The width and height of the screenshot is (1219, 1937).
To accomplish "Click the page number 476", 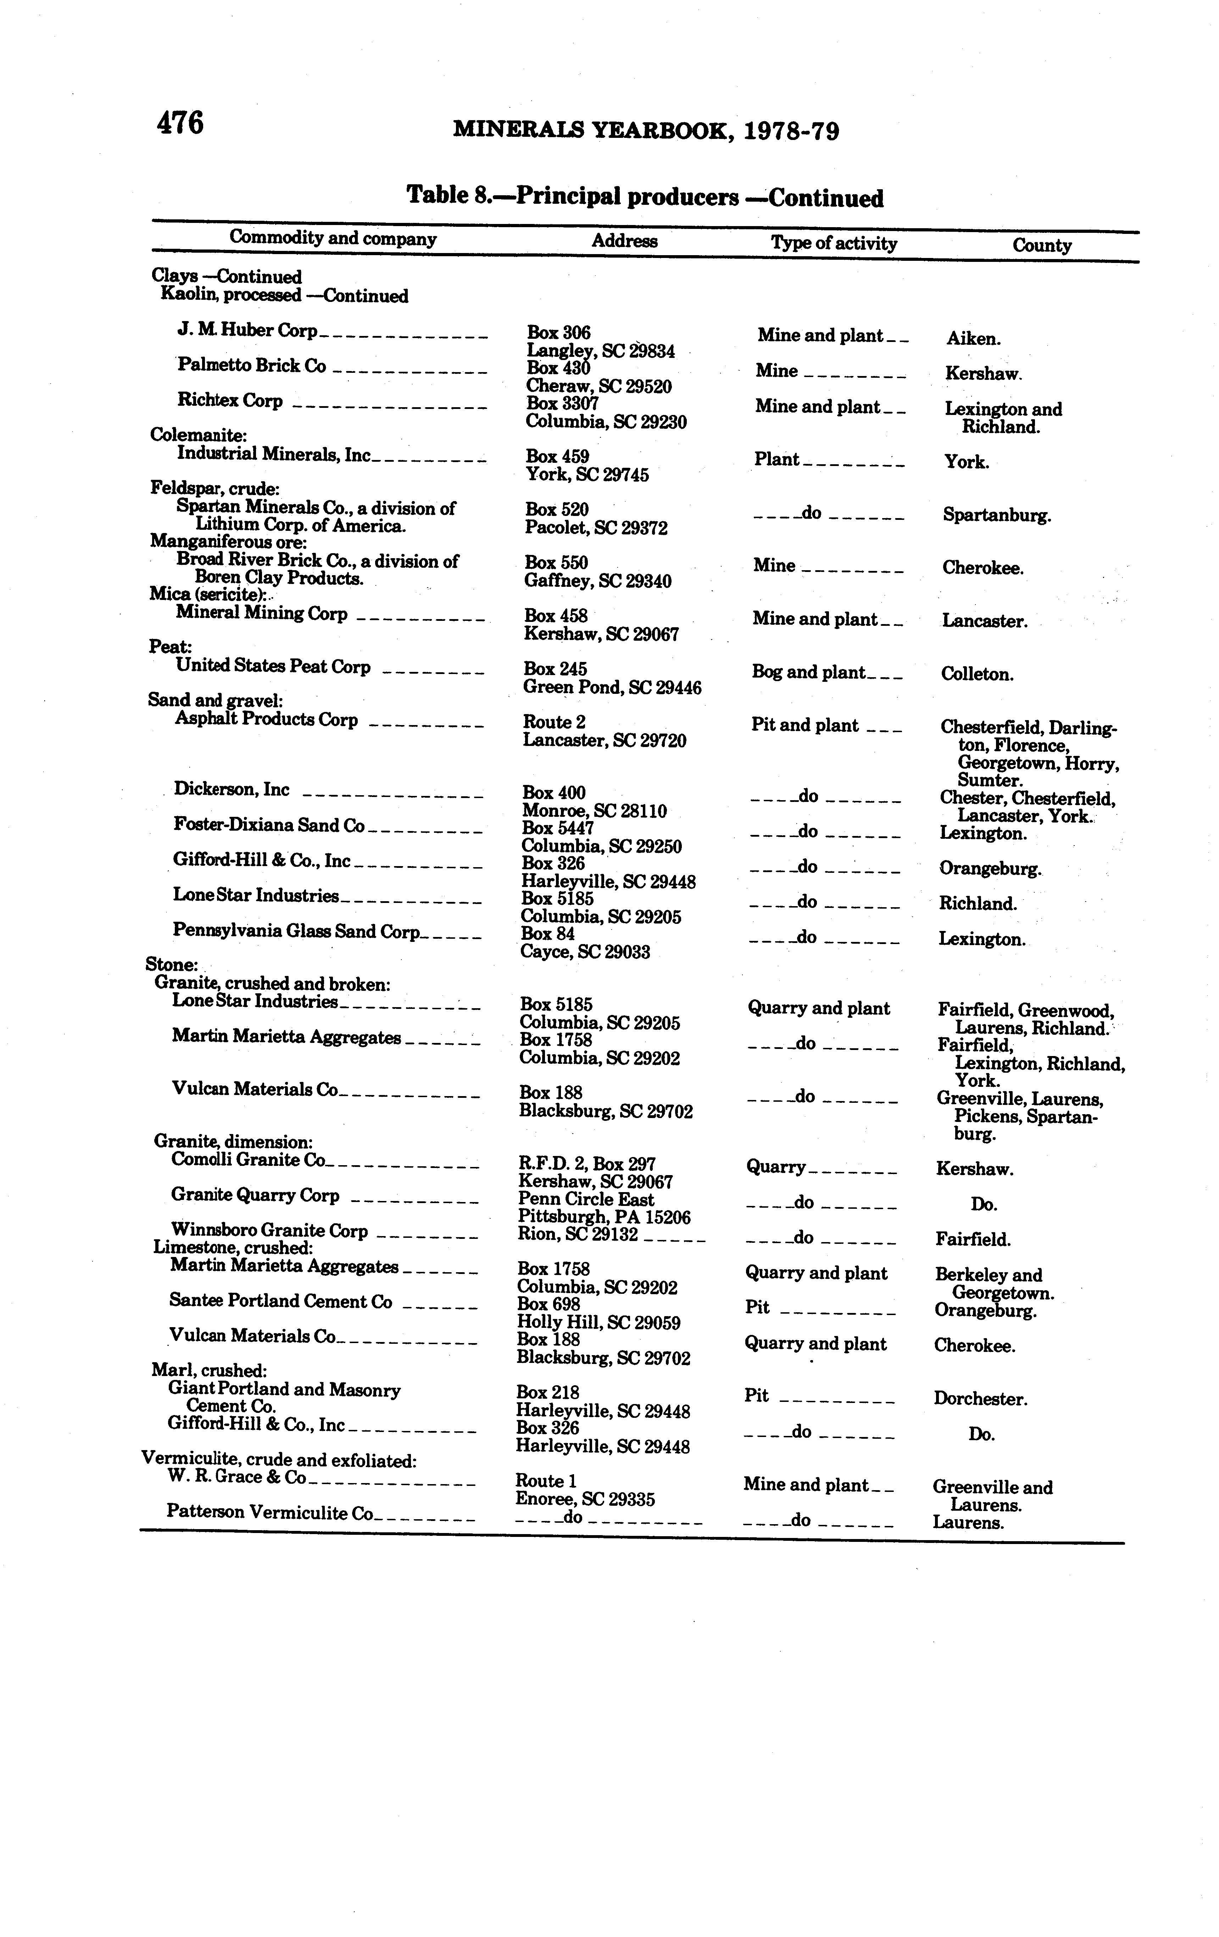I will [180, 123].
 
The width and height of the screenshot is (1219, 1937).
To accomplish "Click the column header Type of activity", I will [834, 243].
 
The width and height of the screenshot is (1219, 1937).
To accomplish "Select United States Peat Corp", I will [273, 667].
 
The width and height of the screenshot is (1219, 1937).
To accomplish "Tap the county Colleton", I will [977, 674].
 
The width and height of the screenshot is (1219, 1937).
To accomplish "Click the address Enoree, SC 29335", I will [585, 1499].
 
